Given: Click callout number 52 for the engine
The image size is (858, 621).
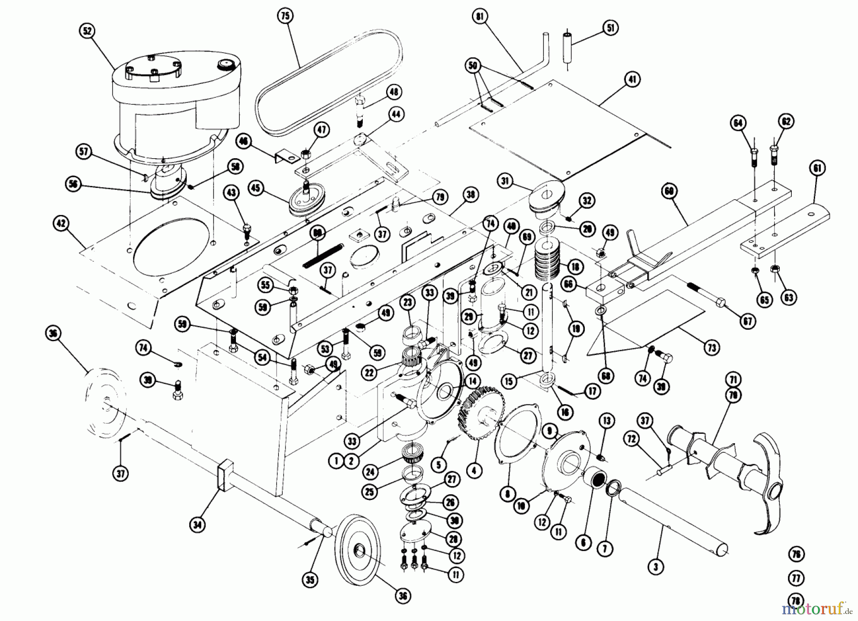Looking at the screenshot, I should click(87, 31).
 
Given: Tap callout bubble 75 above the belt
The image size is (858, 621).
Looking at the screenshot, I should click(285, 16).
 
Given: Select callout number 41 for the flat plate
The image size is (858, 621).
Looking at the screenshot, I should click(632, 80).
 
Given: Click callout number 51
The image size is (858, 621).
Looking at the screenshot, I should click(610, 28).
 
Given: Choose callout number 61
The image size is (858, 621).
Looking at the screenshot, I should click(817, 168).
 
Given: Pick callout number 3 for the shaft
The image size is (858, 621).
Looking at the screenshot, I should click(656, 567).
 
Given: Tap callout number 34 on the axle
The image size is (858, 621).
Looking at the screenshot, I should click(197, 525).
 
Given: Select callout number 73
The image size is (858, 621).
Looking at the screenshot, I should click(711, 348).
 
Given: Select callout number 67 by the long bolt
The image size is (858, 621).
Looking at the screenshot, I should click(747, 322).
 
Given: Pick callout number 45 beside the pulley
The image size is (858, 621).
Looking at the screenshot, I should click(255, 188).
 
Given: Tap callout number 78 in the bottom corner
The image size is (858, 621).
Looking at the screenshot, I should click(796, 601).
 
